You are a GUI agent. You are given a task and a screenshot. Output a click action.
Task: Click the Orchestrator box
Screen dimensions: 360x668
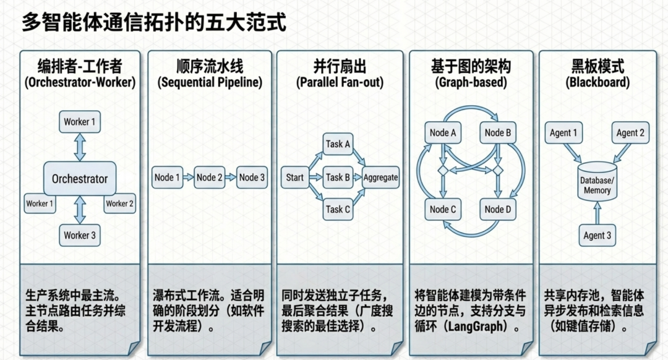tap(80, 179)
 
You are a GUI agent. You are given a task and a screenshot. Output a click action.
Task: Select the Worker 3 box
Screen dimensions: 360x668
tap(80, 235)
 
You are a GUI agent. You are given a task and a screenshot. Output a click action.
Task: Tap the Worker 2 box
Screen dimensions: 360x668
tap(120, 203)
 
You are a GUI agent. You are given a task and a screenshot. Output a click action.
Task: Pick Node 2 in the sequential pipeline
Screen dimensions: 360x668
tap(210, 178)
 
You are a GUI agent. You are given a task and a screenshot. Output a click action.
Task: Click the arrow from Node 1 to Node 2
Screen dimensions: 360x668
tap(188, 178)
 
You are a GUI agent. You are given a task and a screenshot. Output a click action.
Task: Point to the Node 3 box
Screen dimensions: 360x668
tap(252, 178)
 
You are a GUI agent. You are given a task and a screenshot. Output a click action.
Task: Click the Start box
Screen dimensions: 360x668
tap(295, 178)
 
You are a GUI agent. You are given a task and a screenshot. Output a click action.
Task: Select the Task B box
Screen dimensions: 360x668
tap(338, 178)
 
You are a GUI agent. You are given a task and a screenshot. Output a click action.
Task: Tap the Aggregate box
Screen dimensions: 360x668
tap(380, 178)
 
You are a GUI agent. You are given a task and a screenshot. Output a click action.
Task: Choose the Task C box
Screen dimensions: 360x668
tap(338, 209)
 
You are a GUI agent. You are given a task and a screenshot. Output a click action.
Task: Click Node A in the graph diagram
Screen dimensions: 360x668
tap(443, 132)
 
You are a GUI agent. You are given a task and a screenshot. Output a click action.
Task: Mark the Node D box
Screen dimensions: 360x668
tap(498, 209)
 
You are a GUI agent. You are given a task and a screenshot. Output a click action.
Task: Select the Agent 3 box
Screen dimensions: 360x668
tap(597, 235)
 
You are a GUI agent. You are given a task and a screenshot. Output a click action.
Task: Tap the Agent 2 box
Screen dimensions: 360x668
tap(630, 132)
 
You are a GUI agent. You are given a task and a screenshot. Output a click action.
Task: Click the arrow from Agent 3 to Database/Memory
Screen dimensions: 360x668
tap(597, 213)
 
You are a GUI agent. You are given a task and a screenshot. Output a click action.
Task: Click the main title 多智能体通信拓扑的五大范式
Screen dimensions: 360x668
tap(154, 23)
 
